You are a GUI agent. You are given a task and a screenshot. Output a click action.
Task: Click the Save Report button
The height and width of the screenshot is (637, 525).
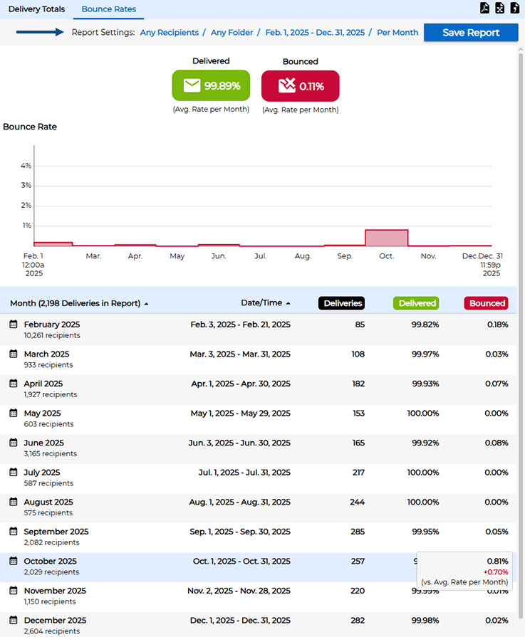pos(471,33)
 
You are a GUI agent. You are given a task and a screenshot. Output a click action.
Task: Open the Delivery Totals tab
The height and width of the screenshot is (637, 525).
pos(36,9)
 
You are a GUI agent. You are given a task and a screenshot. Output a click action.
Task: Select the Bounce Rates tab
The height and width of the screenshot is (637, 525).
pos(108,9)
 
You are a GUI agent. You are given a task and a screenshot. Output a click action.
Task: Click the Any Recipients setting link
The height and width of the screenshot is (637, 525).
pos(169,33)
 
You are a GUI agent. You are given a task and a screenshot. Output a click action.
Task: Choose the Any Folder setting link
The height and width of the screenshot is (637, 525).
pos(232,33)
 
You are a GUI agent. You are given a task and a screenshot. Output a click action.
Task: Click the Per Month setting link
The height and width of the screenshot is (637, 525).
pos(397,33)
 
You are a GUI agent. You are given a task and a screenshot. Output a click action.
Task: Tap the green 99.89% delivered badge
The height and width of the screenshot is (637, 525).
pos(211,85)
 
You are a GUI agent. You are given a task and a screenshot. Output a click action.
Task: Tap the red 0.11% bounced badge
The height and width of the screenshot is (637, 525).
pos(300,86)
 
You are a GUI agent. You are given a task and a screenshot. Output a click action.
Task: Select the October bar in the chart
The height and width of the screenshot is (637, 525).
pos(386,238)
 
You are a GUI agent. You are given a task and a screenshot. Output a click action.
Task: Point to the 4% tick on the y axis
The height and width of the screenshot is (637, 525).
pos(26,166)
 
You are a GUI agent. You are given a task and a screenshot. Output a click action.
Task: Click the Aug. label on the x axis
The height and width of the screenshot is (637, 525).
pos(303,256)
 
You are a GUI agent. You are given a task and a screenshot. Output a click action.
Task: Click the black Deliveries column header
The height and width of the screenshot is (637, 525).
pos(341,303)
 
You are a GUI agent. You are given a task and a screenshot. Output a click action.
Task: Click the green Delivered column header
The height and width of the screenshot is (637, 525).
pos(416,303)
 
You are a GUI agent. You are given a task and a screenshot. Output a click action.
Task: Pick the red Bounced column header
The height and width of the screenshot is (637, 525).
pos(487,303)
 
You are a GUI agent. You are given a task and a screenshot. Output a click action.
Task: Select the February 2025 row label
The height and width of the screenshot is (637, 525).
pos(52,325)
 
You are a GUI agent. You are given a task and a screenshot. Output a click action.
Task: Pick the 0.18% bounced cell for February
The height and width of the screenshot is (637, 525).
pos(497,325)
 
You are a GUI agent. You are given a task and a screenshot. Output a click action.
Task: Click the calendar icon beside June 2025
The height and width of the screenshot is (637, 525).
pos(14,443)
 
